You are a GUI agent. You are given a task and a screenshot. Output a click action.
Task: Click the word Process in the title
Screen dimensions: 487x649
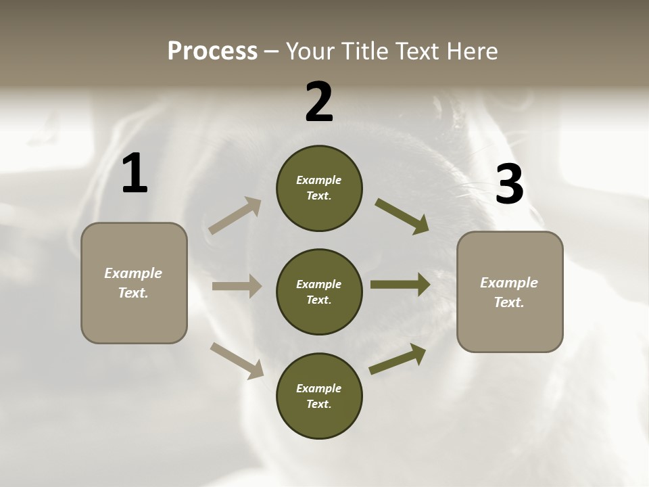pyautogui.click(x=212, y=51)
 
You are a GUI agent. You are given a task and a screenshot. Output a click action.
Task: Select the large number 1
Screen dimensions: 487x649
pyautogui.click(x=135, y=174)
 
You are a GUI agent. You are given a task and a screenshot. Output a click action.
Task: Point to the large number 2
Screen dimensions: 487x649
pyautogui.click(x=319, y=102)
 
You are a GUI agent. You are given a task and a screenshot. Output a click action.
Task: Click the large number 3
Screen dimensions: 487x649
pyautogui.click(x=509, y=185)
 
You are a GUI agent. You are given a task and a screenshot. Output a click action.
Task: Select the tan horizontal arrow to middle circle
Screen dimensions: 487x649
pyautogui.click(x=237, y=286)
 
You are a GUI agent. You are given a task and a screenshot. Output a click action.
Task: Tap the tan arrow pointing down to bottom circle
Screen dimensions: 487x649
pyautogui.click(x=237, y=361)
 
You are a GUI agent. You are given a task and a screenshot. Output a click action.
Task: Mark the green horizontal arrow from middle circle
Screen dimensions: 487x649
pyautogui.click(x=400, y=285)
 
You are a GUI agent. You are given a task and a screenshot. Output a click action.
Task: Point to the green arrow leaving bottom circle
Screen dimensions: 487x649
pyautogui.click(x=398, y=359)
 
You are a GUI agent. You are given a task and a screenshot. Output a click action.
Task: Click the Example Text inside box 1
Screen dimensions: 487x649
pyautogui.click(x=133, y=283)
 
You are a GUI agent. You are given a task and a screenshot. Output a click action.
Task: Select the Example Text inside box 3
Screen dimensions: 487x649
pyautogui.click(x=509, y=292)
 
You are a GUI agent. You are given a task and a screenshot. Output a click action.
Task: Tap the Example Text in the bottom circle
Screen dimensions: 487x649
pyautogui.click(x=318, y=396)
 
